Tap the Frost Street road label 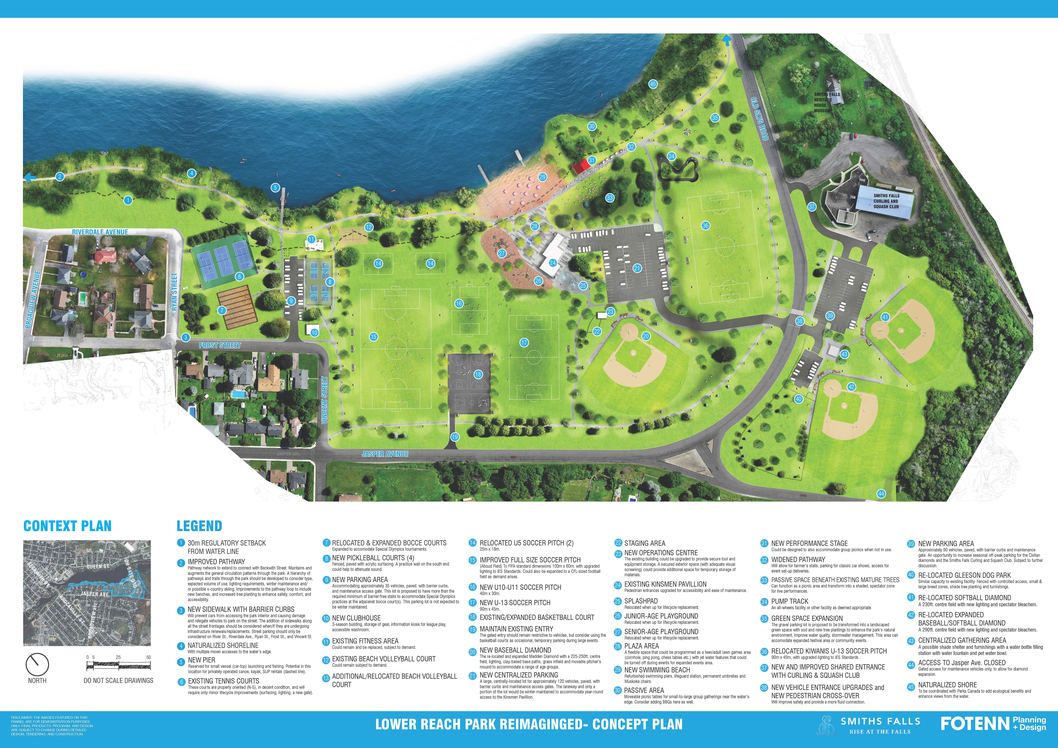pos(220,345)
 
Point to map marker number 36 pos(705,226)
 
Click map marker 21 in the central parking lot pos(637,268)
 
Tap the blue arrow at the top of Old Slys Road pos(727,41)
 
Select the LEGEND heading pos(199,526)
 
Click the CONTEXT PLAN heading pos(67,526)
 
